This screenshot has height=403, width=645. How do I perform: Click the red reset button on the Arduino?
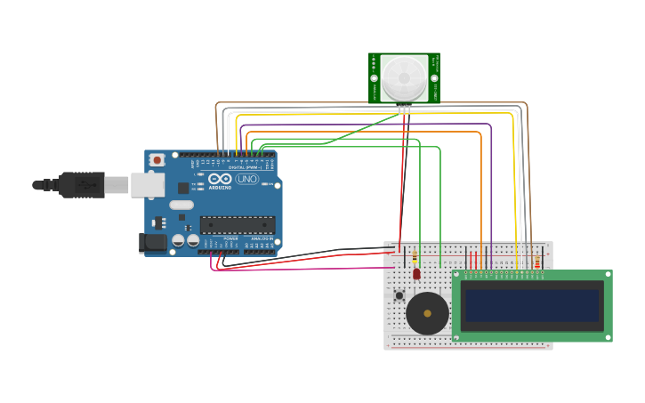tap(157, 160)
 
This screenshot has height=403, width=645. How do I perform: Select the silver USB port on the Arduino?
tap(147, 185)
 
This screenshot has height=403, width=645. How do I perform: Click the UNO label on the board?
tap(246, 180)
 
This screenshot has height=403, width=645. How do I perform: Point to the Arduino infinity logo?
tap(220, 179)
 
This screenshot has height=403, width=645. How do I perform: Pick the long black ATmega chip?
tap(237, 225)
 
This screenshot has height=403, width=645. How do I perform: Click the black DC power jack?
tap(154, 242)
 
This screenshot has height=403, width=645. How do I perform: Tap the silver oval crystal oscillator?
tap(181, 205)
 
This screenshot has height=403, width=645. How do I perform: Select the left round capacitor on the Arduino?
tap(178, 240)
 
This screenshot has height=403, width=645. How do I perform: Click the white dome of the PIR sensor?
tap(405, 77)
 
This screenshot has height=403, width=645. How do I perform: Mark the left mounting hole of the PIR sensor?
tap(375, 78)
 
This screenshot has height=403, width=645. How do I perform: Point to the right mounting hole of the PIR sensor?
tap(435, 78)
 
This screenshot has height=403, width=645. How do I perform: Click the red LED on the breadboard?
tap(416, 274)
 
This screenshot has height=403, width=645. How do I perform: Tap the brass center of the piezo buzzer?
tap(428, 313)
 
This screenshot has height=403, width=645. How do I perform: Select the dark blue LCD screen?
tap(532, 305)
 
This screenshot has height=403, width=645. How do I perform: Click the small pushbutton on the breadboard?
tap(399, 295)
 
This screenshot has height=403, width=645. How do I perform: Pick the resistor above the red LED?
tap(415, 257)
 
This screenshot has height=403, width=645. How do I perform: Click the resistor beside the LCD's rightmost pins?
tap(537, 262)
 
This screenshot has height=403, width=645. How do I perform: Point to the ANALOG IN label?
tap(262, 238)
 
